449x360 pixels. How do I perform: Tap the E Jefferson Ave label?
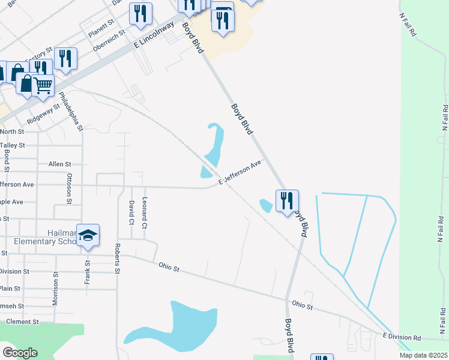point(240,172)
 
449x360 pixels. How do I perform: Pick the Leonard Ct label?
point(145,213)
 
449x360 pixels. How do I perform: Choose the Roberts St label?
point(118,259)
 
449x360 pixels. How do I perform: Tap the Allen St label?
point(59,164)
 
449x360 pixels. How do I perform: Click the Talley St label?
point(13,145)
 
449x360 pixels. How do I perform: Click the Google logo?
point(20,352)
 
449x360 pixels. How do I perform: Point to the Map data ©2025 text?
point(423,355)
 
